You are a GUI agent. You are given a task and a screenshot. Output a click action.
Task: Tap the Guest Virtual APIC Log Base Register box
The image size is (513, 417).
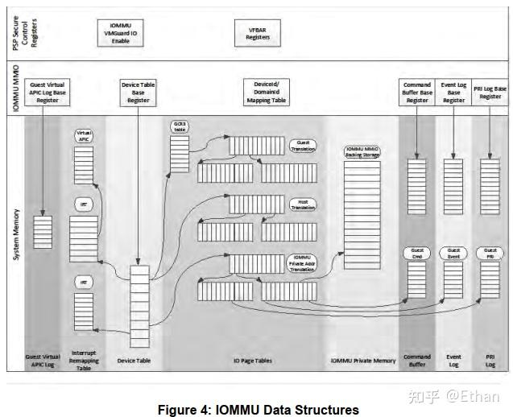[47, 93]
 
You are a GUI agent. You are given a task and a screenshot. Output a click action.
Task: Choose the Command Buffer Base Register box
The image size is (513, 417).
[416, 93]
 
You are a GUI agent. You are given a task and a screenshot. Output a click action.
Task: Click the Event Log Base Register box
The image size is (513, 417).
[453, 93]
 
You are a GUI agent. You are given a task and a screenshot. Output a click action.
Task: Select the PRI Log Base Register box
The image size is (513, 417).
[490, 93]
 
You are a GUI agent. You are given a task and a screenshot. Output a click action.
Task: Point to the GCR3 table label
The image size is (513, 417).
[179, 127]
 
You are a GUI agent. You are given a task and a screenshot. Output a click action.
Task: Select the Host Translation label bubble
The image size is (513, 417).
[303, 204]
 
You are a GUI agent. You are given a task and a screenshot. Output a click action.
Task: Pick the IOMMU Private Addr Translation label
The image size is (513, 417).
[303, 262]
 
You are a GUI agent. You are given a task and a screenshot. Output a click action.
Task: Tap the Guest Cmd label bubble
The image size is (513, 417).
[416, 254]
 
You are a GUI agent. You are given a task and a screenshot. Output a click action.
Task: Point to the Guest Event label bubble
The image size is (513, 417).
[453, 254]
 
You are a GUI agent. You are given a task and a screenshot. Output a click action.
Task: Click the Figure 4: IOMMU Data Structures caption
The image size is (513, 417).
[259, 410]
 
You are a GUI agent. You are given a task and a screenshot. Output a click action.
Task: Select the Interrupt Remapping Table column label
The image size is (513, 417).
[84, 361]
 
